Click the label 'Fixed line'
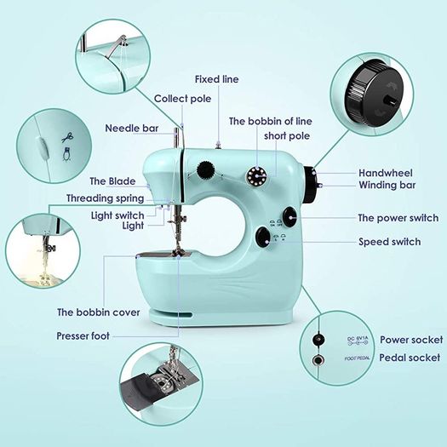[216, 79]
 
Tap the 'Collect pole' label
[183, 99]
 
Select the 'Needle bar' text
[132, 128]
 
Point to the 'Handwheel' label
[386, 173]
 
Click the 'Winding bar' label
[387, 185]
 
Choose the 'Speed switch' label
[390, 242]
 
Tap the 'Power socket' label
[411, 340]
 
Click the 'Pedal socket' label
[410, 358]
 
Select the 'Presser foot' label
[83, 335]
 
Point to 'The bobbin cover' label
[99, 312]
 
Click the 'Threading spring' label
[106, 198]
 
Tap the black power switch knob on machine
[290, 217]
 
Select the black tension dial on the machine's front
[205, 170]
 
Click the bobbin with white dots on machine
[256, 175]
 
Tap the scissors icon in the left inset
[67, 137]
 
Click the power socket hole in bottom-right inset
[318, 339]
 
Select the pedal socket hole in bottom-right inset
[318, 360]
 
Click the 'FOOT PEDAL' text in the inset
[358, 358]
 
